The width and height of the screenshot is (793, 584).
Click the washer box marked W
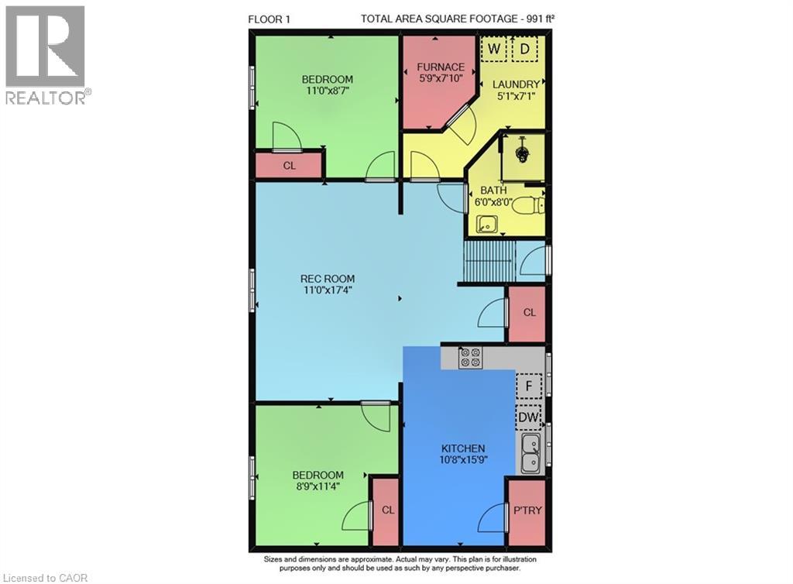pyautogui.click(x=493, y=49)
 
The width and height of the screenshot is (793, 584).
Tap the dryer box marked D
pyautogui.click(x=524, y=49)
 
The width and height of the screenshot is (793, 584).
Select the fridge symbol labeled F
pyautogui.click(x=528, y=386)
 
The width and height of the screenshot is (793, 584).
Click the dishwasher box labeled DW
pyautogui.click(x=528, y=417)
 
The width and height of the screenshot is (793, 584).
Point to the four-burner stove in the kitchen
pyautogui.click(x=470, y=357)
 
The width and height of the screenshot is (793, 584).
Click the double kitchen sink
pyautogui.click(x=530, y=453)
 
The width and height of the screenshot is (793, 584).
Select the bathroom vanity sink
pyautogui.click(x=488, y=224)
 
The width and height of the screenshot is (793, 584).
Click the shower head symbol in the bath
pyautogui.click(x=521, y=151)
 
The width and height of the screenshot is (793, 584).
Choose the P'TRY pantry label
pyautogui.click(x=527, y=510)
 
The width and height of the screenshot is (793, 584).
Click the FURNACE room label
pyautogui.click(x=441, y=67)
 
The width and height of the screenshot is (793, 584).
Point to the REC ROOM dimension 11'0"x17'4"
pyautogui.click(x=328, y=290)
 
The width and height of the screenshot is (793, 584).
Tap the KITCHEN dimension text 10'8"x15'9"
pyautogui.click(x=463, y=459)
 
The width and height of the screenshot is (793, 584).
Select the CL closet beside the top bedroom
pyautogui.click(x=289, y=165)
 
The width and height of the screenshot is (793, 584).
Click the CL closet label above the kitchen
pyautogui.click(x=529, y=312)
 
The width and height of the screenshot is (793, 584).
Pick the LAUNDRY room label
pyautogui.click(x=516, y=84)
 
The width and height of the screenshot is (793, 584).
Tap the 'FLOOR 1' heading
pyautogui.click(x=269, y=19)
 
